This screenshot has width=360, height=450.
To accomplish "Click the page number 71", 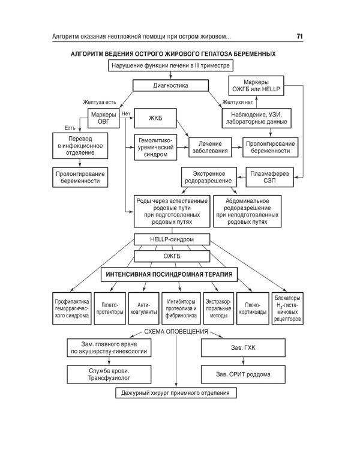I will (x=299, y=37).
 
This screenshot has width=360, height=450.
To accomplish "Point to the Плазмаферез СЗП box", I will (x=269, y=177).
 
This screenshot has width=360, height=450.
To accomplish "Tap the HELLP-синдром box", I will (x=172, y=239).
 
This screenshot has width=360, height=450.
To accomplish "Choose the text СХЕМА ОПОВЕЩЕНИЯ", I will (x=176, y=332).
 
